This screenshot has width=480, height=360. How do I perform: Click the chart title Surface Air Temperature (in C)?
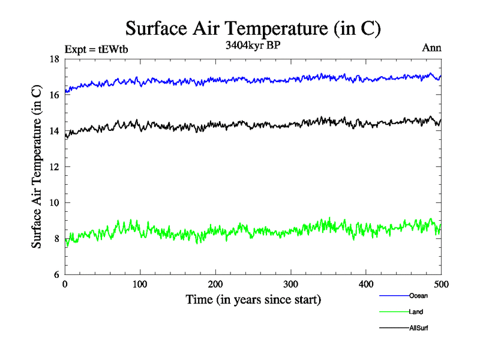253,28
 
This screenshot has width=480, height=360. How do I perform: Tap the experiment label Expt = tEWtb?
96,50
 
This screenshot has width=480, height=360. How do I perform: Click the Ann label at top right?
432,49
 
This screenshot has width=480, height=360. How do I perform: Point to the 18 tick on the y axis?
53,59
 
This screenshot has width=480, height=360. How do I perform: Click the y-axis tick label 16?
53,95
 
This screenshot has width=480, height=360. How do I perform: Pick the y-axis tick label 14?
53,131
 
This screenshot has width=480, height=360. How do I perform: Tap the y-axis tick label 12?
53,167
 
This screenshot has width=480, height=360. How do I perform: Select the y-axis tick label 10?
53,203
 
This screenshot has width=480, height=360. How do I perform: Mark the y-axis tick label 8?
56,239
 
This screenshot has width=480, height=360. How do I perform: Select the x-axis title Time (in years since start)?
253,299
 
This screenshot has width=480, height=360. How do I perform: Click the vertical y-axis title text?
37,166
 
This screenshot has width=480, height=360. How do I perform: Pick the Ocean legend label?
418,296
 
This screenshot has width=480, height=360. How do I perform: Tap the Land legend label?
416,312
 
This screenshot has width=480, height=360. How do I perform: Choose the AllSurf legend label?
419,328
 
